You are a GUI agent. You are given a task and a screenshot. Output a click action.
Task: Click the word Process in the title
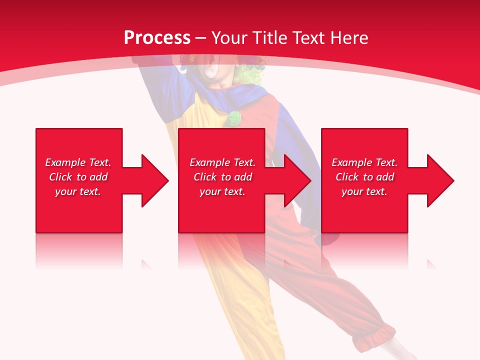pos(157,38)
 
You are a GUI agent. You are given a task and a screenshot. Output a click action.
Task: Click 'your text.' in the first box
pos(78,191)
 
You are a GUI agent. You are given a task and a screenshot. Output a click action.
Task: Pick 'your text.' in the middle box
pos(222,191)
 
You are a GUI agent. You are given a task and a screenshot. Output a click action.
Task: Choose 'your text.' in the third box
pos(364,191)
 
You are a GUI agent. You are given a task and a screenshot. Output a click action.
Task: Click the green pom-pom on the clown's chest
pos(232,118)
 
